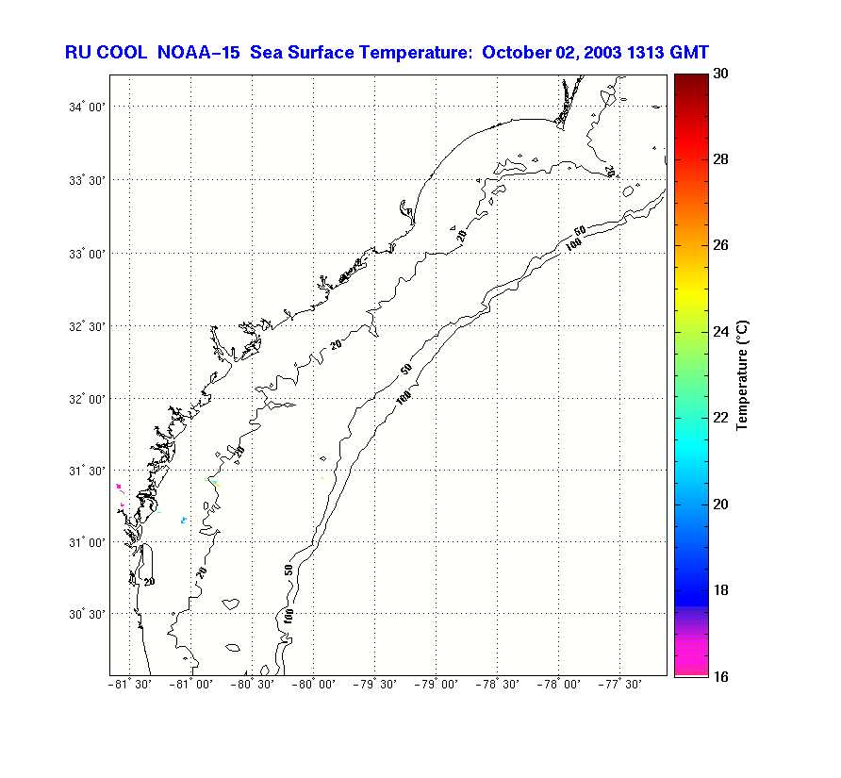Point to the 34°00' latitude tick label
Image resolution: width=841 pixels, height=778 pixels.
pos(85,108)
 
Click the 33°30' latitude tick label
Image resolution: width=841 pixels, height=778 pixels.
pos(85,180)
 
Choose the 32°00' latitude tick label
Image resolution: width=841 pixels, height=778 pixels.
pos(85,399)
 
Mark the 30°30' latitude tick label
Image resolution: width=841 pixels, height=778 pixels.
pos(85,614)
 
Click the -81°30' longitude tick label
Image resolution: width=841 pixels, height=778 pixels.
pos(129,685)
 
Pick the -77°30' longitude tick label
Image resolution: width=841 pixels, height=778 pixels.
pos(619,685)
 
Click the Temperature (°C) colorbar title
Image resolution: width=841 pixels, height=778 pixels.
pos(744,374)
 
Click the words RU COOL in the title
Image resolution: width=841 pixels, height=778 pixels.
pos(105,52)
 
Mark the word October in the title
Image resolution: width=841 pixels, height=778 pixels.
pos(515,52)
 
